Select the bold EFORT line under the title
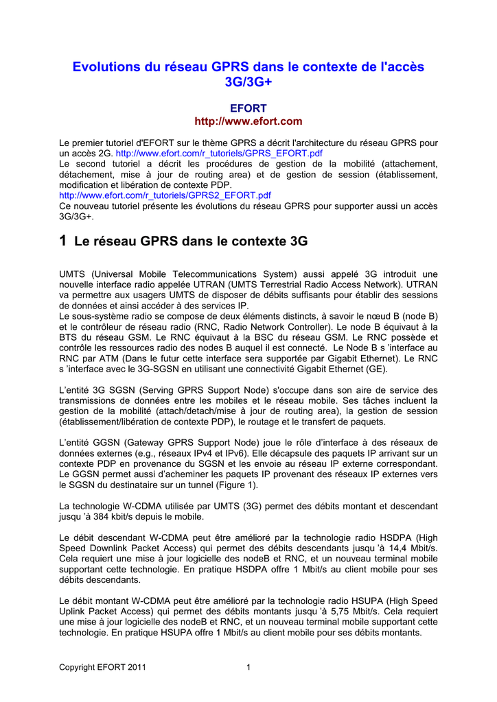[248, 108]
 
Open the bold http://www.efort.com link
[248, 121]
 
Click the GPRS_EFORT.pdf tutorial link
[219, 153]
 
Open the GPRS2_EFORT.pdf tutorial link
[165, 195]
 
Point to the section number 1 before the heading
[63, 241]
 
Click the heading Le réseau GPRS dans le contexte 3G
[190, 241]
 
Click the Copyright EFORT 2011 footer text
[102, 666]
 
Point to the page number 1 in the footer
[248, 666]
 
